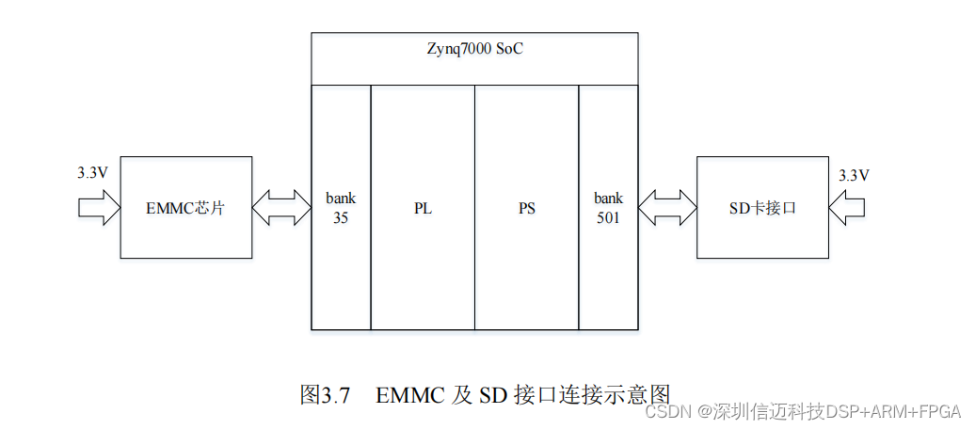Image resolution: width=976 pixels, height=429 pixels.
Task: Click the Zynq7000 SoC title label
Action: click(472, 49)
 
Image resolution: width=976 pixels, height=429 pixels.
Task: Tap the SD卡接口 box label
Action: click(762, 208)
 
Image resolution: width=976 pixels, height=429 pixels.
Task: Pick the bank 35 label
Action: click(341, 208)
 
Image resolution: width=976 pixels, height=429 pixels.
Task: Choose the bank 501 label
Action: click(608, 208)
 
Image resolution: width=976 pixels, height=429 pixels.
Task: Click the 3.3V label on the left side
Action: click(92, 174)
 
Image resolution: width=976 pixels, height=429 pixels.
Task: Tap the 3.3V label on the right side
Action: click(853, 175)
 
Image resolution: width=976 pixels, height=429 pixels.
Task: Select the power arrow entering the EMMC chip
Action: click(98, 208)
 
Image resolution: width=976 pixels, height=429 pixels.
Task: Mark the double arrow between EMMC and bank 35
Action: click(281, 208)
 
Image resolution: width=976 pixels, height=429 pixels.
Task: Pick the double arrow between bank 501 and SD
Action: click(667, 208)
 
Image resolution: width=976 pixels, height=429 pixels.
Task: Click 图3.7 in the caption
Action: click(325, 395)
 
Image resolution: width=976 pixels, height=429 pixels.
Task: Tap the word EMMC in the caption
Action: click(410, 395)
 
